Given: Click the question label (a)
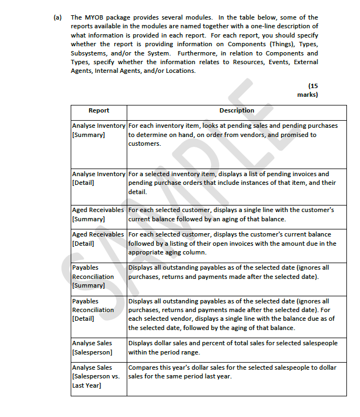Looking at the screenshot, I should [57, 17].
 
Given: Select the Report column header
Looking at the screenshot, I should [98, 110].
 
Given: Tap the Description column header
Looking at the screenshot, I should [237, 110].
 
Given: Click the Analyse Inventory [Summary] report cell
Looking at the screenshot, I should [98, 130].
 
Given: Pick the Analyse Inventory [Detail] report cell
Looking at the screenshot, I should [98, 178].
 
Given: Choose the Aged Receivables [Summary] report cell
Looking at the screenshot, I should [98, 214].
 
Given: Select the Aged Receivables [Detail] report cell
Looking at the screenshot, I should [98, 239].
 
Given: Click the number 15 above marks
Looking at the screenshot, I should [313, 86].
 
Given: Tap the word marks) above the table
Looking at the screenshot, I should [308, 95].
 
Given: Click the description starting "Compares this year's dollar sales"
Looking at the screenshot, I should [232, 372].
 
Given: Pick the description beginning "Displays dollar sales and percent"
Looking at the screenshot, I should [232, 347].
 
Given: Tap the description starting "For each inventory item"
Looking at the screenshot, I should [232, 134].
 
